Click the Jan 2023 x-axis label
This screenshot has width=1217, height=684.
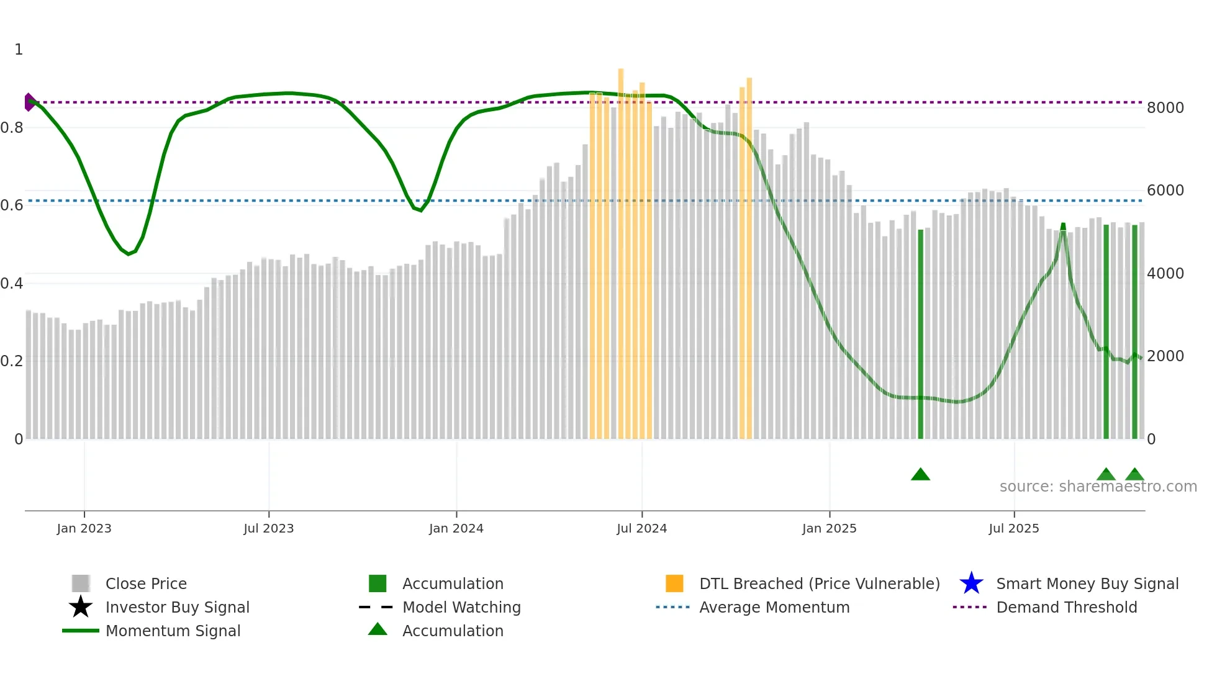pos(84,528)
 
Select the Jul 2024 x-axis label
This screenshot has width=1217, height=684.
pos(641,528)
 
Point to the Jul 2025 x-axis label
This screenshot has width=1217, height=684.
pos(1013,528)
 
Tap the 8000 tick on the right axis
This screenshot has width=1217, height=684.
pos(1165,108)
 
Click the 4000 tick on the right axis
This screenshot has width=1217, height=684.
pos(1165,274)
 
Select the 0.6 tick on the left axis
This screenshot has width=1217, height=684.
pos(11,205)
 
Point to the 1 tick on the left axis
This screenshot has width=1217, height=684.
pos(19,50)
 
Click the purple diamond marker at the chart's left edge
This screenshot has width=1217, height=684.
pos(29,102)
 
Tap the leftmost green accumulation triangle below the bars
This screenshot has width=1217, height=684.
pos(920,475)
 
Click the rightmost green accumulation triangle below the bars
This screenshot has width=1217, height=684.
pos(1134,475)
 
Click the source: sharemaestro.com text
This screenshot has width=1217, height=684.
pos(1098,487)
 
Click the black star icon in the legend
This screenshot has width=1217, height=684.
pos(81,607)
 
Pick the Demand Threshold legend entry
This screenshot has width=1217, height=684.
pos(1066,608)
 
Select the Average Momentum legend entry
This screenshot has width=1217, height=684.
pos(774,608)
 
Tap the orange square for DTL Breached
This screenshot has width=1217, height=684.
pos(674,583)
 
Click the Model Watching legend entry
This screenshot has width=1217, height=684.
pos(461,608)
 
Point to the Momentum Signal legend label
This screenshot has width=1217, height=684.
pos(173,631)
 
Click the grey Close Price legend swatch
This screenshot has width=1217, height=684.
pos(81,583)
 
